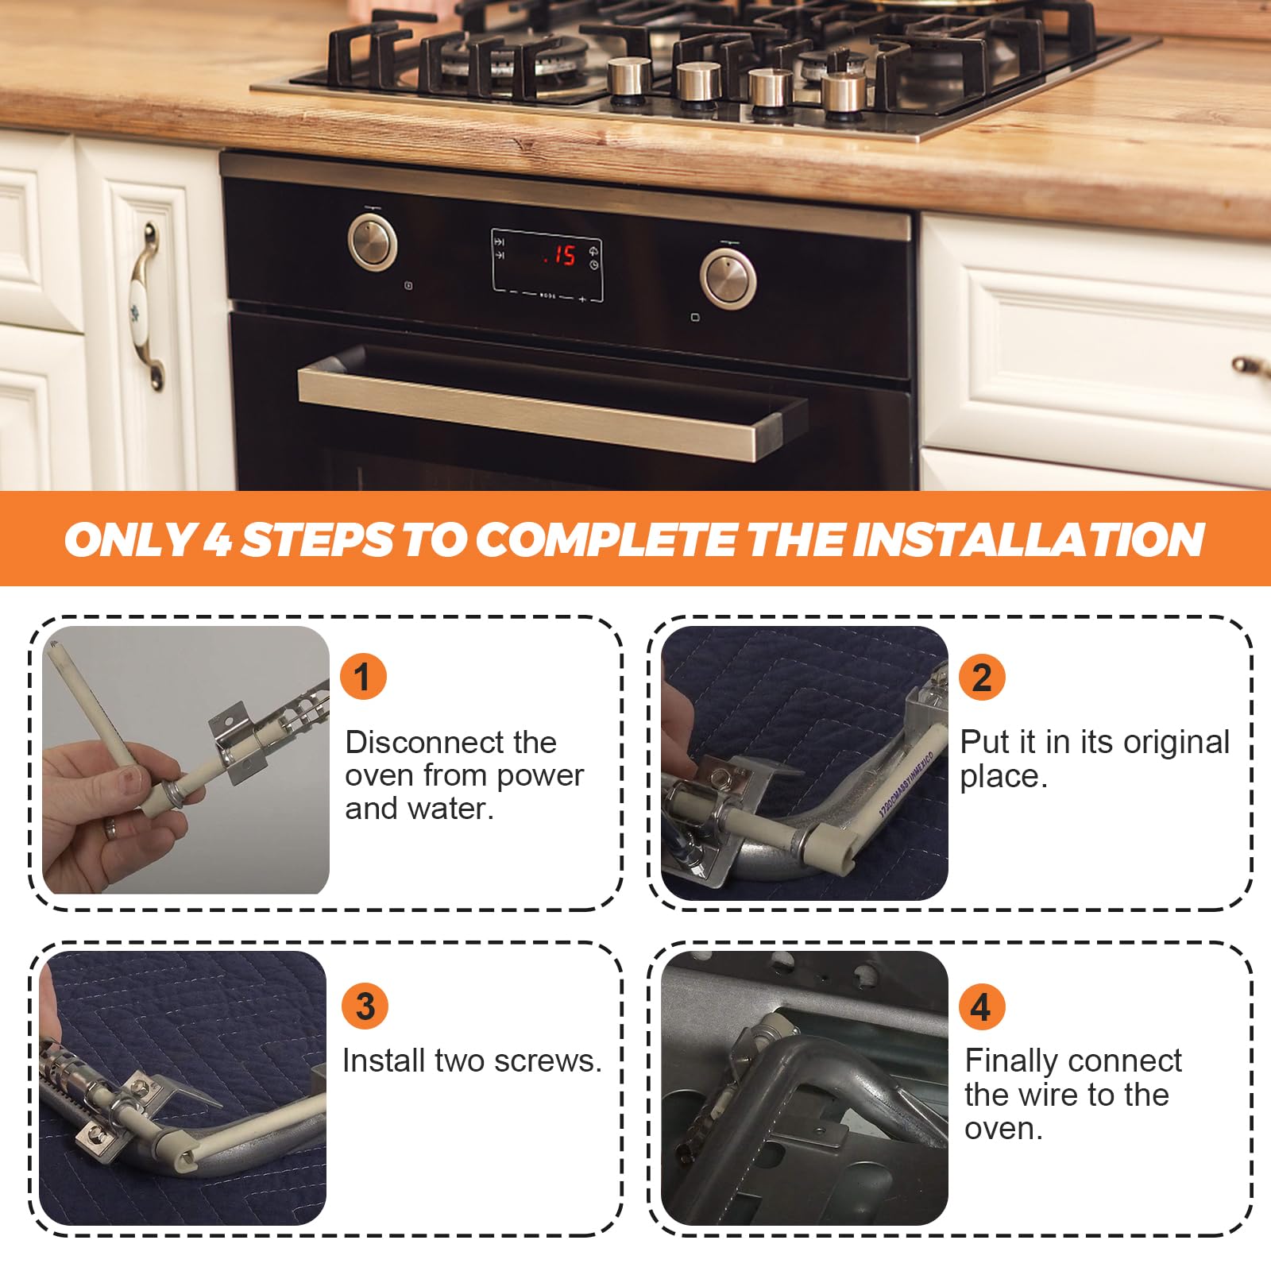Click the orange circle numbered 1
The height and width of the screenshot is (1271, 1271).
[363, 677]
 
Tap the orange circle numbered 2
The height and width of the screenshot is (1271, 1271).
[982, 678]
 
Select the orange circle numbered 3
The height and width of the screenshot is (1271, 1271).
[365, 1006]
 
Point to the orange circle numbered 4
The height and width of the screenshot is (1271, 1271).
[982, 1006]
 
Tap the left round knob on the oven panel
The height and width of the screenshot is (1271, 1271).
[372, 240]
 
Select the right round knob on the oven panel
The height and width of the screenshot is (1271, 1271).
[728, 278]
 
